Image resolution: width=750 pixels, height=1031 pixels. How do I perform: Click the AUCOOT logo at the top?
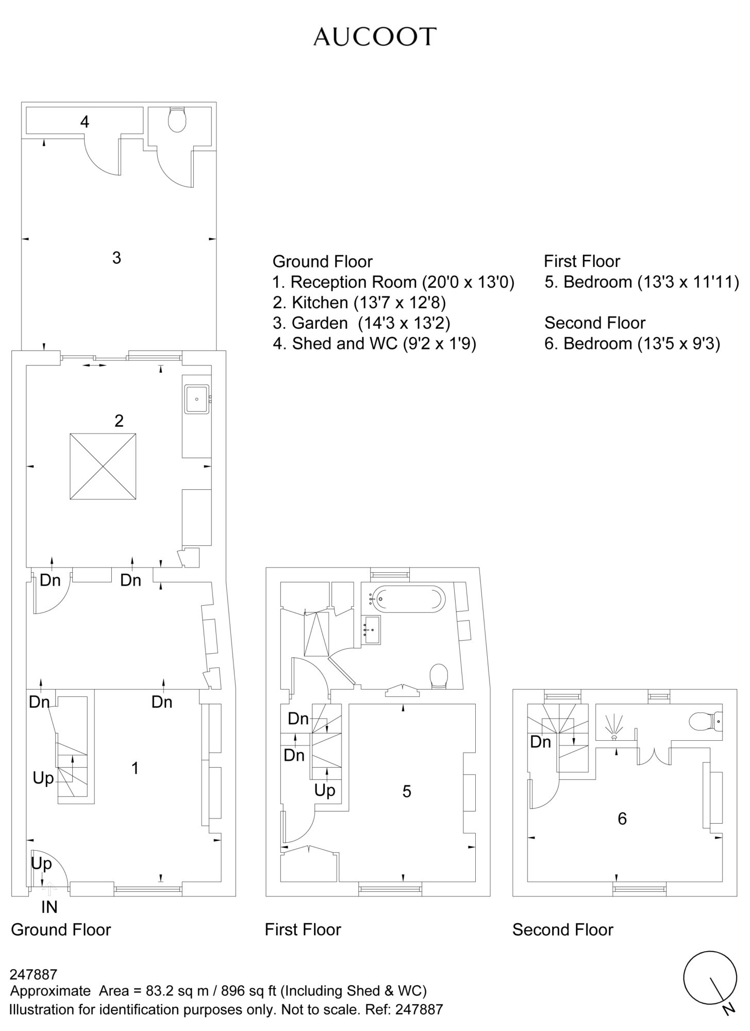(375, 37)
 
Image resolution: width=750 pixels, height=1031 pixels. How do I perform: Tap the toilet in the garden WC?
(177, 120)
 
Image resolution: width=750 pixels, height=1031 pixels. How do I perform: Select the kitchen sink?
(197, 398)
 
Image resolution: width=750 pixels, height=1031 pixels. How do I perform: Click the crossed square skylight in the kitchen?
(103, 467)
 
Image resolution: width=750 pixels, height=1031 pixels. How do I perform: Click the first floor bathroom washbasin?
(371, 629)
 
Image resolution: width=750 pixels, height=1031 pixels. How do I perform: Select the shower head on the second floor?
(614, 728)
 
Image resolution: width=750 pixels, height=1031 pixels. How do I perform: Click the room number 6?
(622, 818)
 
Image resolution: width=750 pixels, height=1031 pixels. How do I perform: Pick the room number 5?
(407, 791)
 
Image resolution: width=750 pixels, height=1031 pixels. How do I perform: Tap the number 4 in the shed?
(85, 122)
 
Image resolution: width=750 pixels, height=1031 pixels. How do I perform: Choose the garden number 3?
(116, 257)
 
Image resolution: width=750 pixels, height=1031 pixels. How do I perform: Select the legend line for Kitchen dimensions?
(359, 302)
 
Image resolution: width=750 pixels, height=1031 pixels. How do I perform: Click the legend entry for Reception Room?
(393, 282)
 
